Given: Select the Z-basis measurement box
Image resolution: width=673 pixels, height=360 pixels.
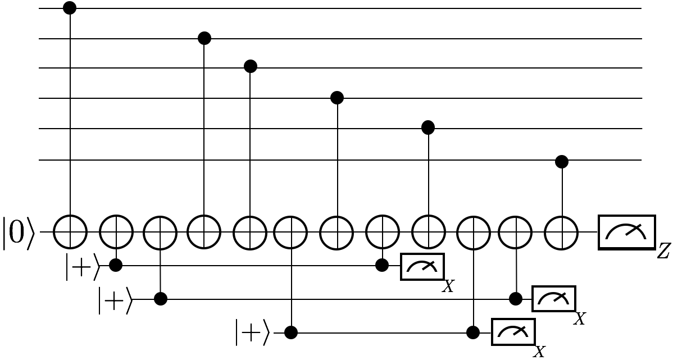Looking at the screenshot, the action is (x=627, y=231).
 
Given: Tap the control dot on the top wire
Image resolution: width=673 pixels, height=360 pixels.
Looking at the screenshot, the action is (x=70, y=8).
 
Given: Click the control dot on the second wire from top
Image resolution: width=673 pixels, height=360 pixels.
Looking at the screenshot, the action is (x=204, y=38).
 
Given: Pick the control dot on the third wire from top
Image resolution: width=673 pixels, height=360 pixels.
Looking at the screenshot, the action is (x=251, y=67).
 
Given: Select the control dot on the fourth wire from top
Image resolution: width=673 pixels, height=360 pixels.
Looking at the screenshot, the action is (x=336, y=98).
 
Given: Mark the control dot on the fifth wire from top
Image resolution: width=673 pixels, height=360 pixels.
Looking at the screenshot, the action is (x=428, y=128).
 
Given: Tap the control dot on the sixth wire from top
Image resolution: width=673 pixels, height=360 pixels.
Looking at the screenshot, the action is (x=562, y=162).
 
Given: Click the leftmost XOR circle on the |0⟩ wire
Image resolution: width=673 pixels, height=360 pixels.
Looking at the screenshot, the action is (x=70, y=231).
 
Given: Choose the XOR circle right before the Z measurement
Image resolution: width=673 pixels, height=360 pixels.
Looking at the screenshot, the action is (x=562, y=231).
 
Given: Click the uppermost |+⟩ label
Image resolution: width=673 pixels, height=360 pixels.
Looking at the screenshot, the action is (x=83, y=268).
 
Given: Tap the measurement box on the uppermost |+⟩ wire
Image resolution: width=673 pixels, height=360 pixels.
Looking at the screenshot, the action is (x=422, y=266).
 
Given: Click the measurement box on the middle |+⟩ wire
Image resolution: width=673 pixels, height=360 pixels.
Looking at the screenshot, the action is (x=554, y=299).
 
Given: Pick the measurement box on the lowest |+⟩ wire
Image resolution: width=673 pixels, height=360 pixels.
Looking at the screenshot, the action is (x=513, y=331).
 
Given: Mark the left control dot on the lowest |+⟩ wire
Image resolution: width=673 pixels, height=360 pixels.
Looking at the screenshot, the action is (x=290, y=332).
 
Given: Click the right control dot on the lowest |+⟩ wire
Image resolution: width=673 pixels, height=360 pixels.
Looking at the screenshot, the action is (x=473, y=332).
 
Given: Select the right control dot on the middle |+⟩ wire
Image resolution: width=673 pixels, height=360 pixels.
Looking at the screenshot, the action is (x=516, y=299).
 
